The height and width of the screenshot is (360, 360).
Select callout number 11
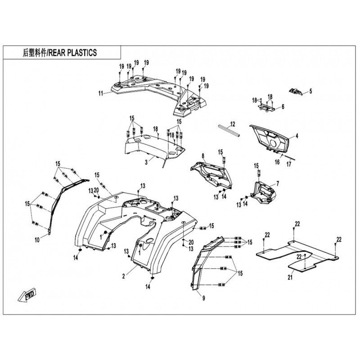click(x=101, y=94)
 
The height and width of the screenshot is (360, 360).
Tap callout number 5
click(x=310, y=91)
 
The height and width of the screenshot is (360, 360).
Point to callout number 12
click(x=233, y=124)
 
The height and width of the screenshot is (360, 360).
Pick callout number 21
click(x=290, y=277)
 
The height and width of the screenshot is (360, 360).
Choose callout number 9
click(x=203, y=298)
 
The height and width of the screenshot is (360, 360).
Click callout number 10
click(x=37, y=240)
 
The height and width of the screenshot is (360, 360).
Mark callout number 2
click(x=123, y=276)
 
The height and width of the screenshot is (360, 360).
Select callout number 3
click(x=146, y=162)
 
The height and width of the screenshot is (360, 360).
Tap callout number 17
click(x=288, y=164)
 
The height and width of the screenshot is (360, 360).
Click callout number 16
click(x=277, y=162)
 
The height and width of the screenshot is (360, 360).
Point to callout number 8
click(x=203, y=156)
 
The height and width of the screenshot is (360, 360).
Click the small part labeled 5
click(x=295, y=91)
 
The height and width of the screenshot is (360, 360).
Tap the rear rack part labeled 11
click(x=158, y=94)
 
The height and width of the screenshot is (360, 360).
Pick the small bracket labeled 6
click(x=266, y=107)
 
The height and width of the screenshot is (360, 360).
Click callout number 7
click(x=278, y=184)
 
